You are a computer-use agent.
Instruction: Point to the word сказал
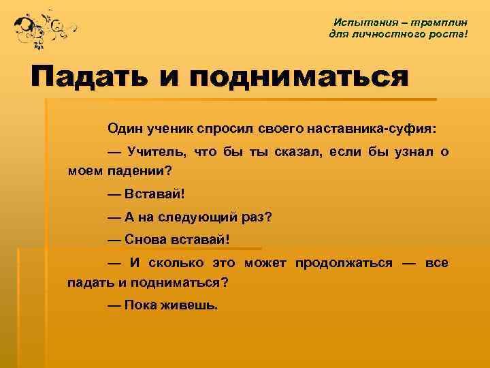(287, 151)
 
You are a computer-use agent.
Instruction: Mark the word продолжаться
(344, 263)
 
